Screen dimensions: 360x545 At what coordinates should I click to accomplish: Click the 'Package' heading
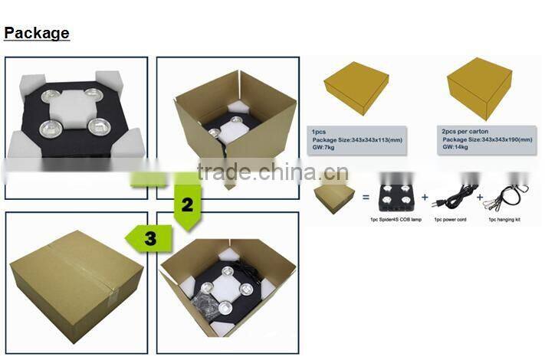(x=37, y=33)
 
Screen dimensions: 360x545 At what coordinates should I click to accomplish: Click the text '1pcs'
(x=319, y=132)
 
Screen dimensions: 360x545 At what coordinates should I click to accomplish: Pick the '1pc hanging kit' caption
(x=506, y=219)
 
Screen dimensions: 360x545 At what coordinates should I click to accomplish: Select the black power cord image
(x=452, y=198)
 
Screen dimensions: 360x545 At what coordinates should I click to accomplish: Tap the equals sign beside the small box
(x=365, y=198)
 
